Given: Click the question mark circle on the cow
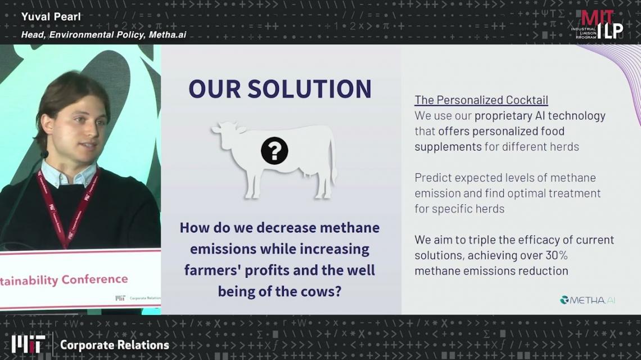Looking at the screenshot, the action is click(274, 151).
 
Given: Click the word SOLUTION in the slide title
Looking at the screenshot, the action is click(309, 89).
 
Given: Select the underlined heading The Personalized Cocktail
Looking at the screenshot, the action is click(481, 100).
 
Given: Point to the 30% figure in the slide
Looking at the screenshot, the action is click(557, 255).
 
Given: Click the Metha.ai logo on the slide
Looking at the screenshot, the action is click(588, 300).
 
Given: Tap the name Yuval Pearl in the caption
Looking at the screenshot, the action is click(51, 17).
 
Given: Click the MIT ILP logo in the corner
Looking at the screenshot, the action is click(597, 25).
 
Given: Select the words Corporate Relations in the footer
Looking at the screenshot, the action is click(115, 345).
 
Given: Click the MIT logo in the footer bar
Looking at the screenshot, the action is click(28, 344).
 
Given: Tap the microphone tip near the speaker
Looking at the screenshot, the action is click(44, 155).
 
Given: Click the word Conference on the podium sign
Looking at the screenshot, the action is click(95, 280).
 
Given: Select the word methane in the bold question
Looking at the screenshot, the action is click(350, 227).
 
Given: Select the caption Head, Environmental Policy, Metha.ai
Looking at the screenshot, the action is click(103, 35).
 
